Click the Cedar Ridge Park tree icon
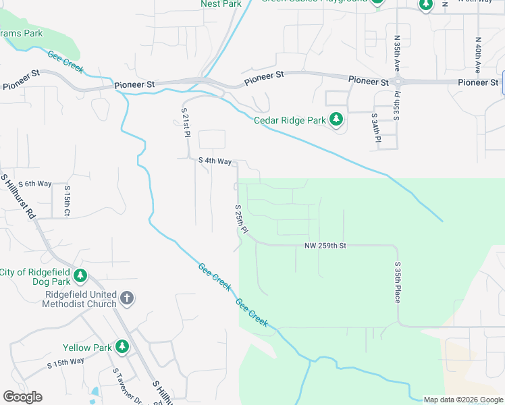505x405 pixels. click(x=336, y=121)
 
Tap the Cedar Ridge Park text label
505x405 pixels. click(x=289, y=122)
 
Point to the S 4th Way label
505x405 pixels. click(x=215, y=161)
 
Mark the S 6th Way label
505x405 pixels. click(x=35, y=184)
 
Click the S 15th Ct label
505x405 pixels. click(x=67, y=201)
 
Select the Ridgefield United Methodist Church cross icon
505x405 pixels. click(x=126, y=298)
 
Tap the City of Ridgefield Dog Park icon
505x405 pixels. click(x=80, y=275)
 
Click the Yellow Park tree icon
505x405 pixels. click(x=122, y=347)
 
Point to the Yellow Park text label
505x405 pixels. click(x=87, y=348)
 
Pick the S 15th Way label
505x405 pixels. click(x=65, y=362)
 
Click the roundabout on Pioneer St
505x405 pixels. click(x=398, y=82)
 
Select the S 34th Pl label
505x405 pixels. click(x=375, y=128)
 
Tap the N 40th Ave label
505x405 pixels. click(x=477, y=55)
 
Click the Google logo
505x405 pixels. click(x=22, y=397)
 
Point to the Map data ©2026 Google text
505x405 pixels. click(x=463, y=400)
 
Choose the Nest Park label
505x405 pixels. click(x=221, y=4)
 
